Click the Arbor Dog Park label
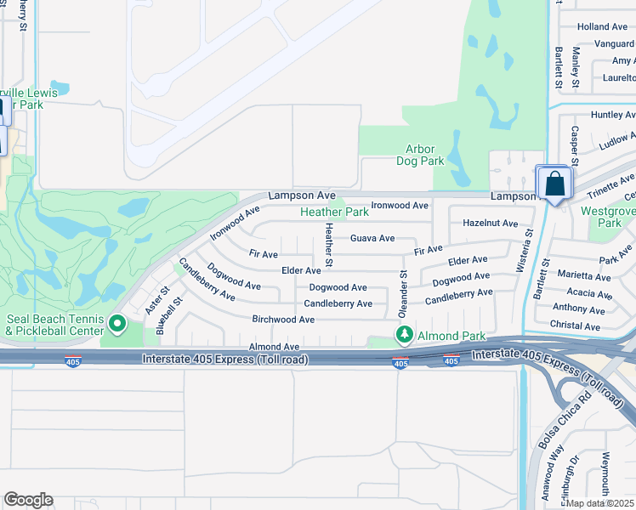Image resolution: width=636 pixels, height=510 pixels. tap(420, 155)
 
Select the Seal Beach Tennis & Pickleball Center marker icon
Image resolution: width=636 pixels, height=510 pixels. tap(117, 323)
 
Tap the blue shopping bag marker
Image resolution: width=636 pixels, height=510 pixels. tap(554, 184)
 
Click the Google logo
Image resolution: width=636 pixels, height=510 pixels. tap(28, 500)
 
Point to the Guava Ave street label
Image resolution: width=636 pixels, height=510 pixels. tap(372, 239)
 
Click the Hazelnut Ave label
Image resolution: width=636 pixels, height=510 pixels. tap(490, 224)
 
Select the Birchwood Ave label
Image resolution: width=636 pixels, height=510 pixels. tap(283, 320)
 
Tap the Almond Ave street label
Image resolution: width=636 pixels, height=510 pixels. tap(274, 347)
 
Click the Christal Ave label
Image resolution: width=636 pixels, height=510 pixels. tap(576, 326)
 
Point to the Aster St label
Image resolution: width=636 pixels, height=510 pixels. tap(150, 300)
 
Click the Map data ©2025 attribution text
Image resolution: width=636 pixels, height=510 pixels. tap(600, 503)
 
